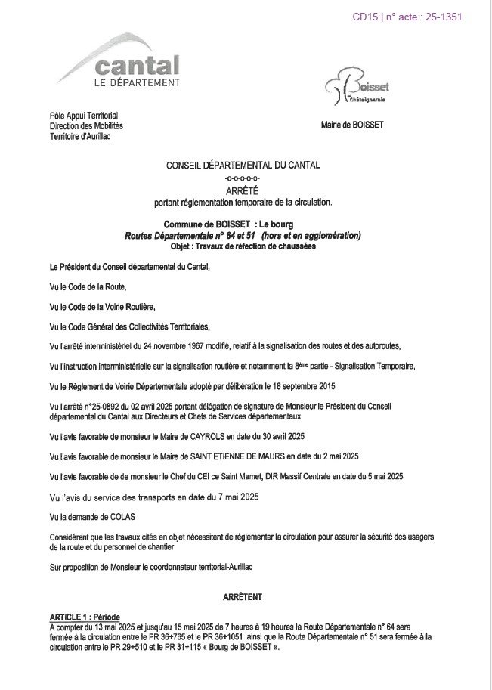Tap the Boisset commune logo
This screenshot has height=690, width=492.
356,89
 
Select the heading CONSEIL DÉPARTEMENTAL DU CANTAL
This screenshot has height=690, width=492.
243,165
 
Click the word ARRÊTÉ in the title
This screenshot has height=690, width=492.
243,190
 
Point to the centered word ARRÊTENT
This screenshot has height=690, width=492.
243,597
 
